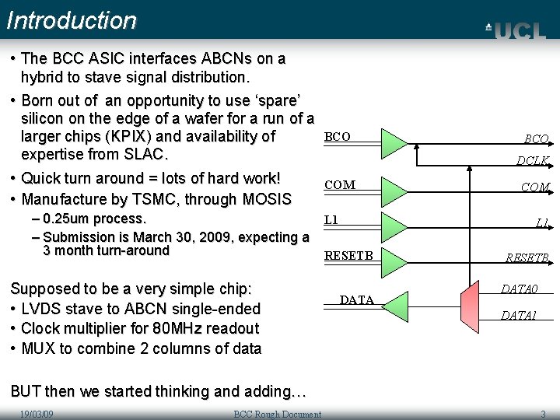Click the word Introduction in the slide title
click(x=72, y=20)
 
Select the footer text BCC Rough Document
click(x=277, y=414)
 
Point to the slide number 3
click(x=543, y=414)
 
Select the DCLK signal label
click(x=534, y=161)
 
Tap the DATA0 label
click(x=519, y=289)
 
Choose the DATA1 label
click(x=519, y=315)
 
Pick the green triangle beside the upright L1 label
click(x=394, y=222)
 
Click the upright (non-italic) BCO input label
click(x=338, y=137)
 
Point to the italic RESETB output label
click(x=528, y=258)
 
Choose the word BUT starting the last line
click(x=27, y=391)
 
